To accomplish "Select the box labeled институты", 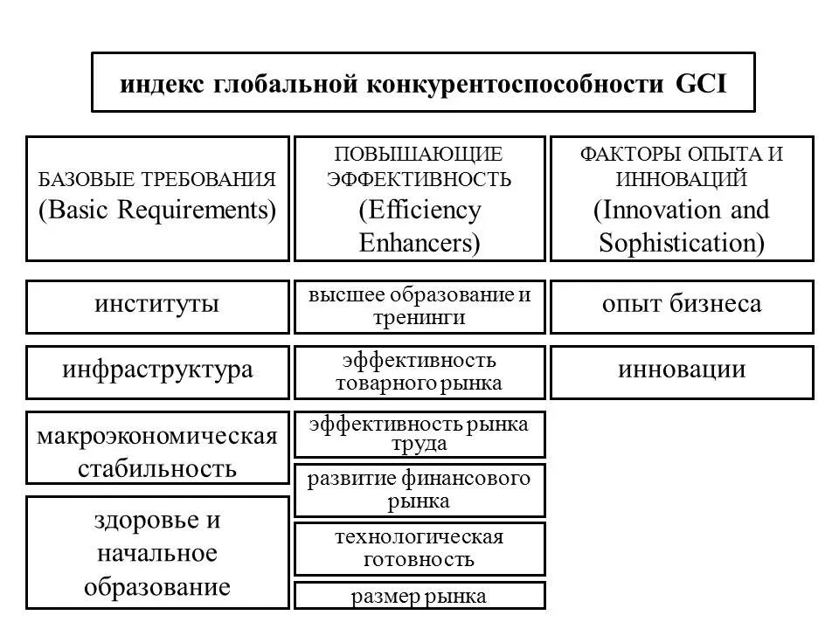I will click(157, 306).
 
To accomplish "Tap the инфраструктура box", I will click(157, 370).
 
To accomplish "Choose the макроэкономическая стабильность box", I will click(157, 447).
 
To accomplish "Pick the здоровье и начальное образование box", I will click(157, 552).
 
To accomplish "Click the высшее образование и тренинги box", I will click(419, 306).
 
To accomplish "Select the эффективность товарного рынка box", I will click(419, 371).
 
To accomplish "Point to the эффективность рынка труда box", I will click(419, 434).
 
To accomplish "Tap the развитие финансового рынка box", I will click(419, 490).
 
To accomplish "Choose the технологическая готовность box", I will click(419, 548).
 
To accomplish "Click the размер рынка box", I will click(419, 597).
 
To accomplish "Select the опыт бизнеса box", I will click(682, 306).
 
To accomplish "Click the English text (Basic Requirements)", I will click(157, 211).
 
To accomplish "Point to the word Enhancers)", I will click(419, 242).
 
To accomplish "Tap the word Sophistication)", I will click(682, 242).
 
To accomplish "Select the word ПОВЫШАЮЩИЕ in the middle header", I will click(419, 155).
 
